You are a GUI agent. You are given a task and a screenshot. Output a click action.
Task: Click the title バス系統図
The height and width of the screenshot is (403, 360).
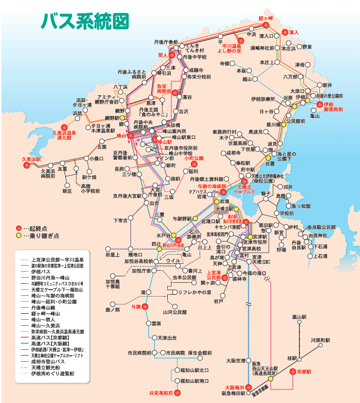[x=84, y=21]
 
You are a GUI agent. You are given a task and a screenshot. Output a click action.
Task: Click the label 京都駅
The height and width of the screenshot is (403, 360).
[x=305, y=372]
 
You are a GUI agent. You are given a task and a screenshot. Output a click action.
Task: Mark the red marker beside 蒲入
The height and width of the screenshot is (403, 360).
[x=285, y=32]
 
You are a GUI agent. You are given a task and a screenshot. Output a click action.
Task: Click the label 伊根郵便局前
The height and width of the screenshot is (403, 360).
[x=333, y=107]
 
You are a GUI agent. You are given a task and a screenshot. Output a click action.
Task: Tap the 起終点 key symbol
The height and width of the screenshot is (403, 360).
[x=18, y=228]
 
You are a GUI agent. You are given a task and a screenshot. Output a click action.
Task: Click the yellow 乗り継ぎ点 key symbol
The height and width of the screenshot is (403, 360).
[x=18, y=236]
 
